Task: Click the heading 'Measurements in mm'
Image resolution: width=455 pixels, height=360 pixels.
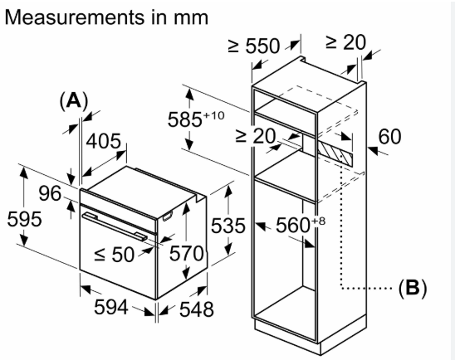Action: coord(106,17)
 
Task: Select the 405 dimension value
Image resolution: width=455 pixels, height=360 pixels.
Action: coord(104,141)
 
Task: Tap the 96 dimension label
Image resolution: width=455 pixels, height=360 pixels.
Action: coord(50,193)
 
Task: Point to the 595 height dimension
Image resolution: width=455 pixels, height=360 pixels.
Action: coord(24,219)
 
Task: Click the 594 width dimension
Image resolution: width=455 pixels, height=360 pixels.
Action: coord(111,307)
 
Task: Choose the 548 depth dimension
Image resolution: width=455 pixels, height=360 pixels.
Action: coord(197,309)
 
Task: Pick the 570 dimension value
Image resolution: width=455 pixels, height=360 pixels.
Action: coord(187,253)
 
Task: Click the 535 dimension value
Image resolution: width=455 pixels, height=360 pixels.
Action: coord(228,226)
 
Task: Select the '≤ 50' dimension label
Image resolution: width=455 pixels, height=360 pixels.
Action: coord(115,255)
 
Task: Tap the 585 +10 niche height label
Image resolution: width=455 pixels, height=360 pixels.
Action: coord(196,119)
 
